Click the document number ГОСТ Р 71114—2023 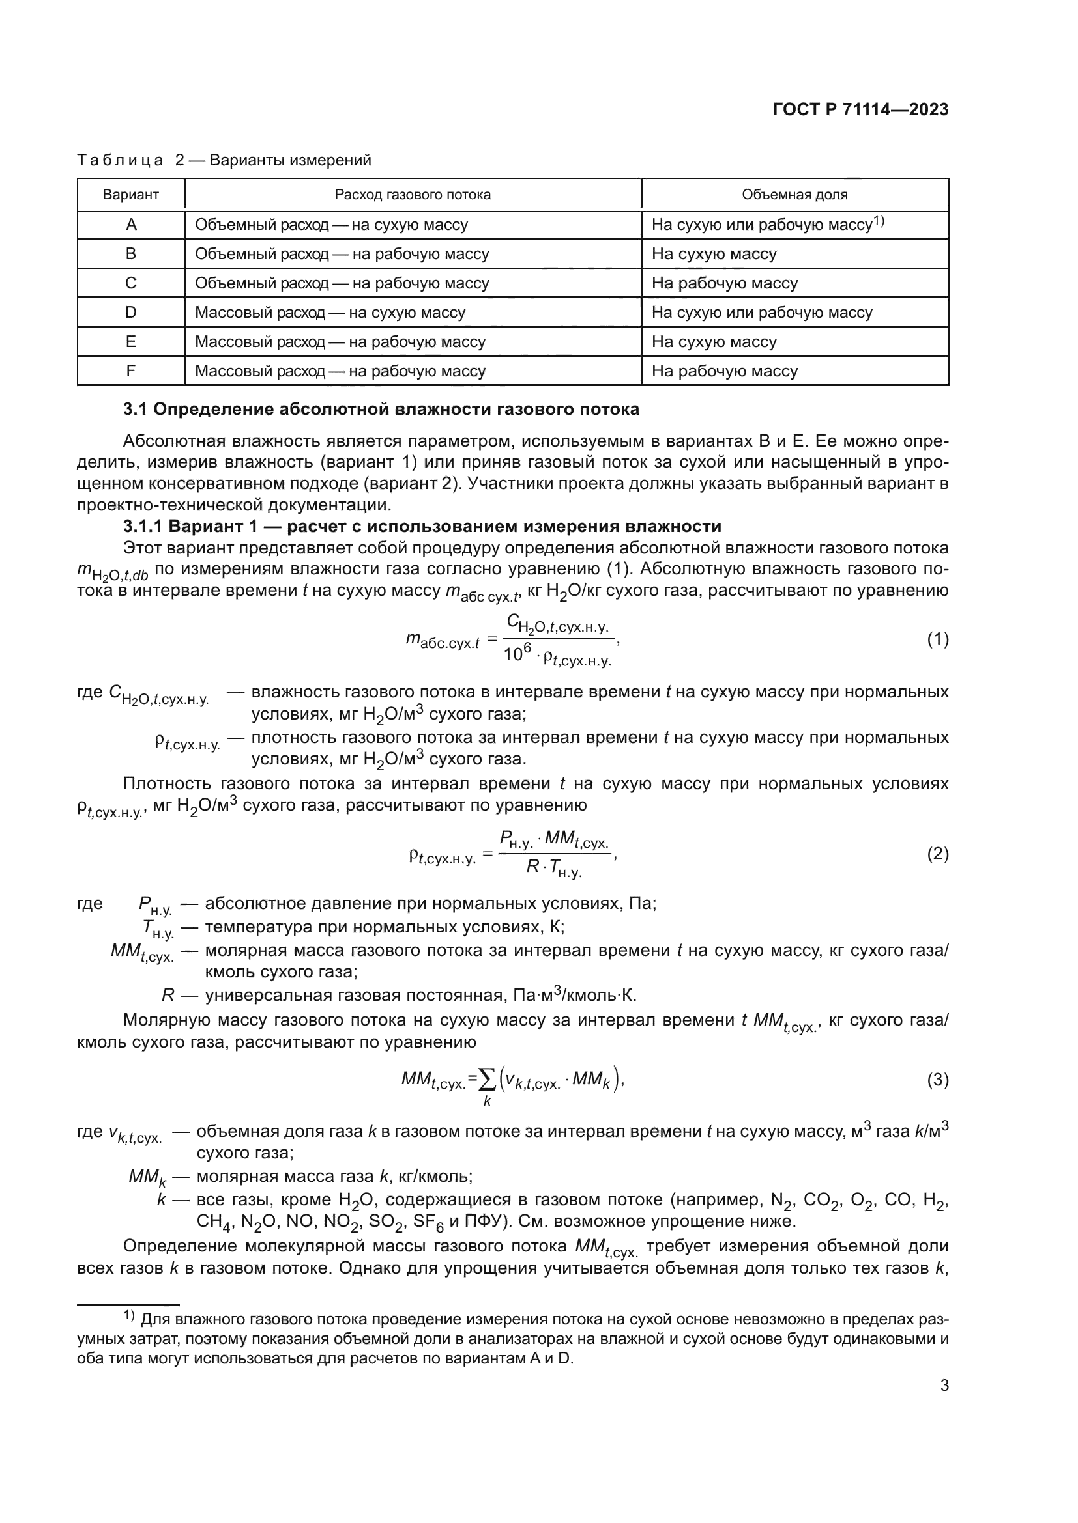coord(860,110)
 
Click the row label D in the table coord(131,313)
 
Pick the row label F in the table coord(131,370)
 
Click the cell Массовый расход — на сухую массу coord(330,313)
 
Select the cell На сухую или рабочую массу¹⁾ coord(768,224)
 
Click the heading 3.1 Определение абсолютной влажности coord(381,410)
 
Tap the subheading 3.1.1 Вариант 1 coord(422,527)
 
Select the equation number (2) coord(937,854)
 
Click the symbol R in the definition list coord(168,995)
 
